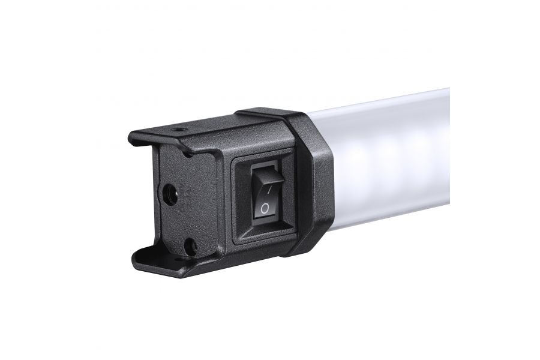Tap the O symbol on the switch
(x=264, y=209)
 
